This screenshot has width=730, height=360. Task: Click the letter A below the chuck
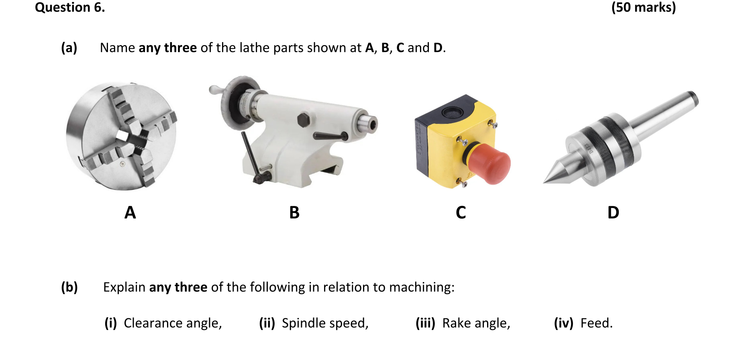(130, 213)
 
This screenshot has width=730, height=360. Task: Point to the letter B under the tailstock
(294, 213)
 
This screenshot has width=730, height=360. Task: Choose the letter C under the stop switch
(461, 213)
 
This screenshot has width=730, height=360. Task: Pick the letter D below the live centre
(613, 213)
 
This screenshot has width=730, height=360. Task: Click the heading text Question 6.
(70, 7)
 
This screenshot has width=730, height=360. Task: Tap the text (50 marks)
(643, 7)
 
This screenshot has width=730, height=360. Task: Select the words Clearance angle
(172, 323)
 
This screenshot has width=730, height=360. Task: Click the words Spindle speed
(325, 323)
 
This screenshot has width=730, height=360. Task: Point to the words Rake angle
(476, 323)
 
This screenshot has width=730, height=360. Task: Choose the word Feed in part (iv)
(596, 323)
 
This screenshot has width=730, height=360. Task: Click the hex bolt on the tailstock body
(304, 120)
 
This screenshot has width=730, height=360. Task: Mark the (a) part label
(69, 48)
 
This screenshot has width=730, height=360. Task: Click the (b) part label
(69, 287)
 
